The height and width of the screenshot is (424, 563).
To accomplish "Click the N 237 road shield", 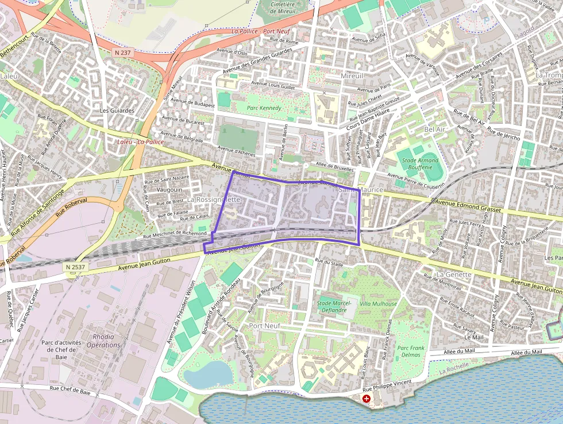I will tap(122, 52).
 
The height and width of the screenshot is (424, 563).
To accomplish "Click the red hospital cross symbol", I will tap(367, 398).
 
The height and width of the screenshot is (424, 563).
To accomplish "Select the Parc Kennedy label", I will tap(264, 108).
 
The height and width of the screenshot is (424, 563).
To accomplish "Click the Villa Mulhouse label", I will tap(378, 304).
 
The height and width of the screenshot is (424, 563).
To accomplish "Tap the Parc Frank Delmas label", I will tap(410, 351).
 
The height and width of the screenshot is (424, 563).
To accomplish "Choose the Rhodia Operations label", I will tap(103, 341).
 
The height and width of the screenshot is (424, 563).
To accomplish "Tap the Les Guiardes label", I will tap(117, 110).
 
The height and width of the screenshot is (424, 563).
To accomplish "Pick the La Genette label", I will tap(454, 274).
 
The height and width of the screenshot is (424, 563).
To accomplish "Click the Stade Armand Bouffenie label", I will tap(420, 164).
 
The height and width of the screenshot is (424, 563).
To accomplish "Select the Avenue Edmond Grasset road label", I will tap(468, 207).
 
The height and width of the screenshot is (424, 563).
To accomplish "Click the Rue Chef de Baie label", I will tap(70, 390).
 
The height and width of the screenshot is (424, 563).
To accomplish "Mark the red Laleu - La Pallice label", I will tap(140, 142).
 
